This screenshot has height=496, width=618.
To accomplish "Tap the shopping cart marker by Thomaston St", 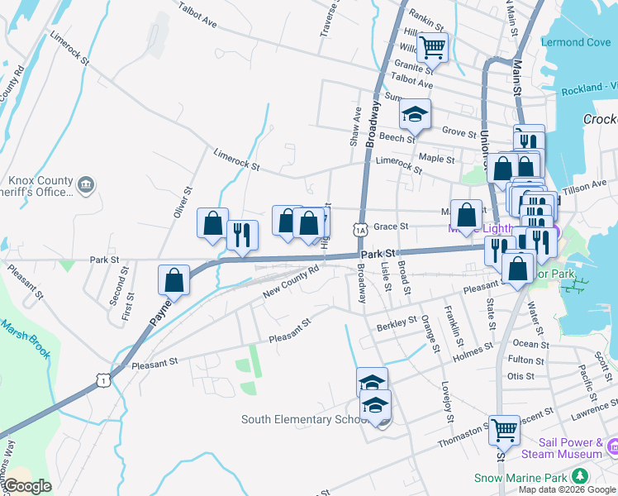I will (504, 430).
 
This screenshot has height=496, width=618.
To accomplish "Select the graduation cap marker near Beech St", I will (416, 114).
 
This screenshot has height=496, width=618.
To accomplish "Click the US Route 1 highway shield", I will (102, 379).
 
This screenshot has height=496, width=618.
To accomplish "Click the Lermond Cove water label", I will (576, 42).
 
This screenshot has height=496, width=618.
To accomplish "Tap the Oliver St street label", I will (182, 203).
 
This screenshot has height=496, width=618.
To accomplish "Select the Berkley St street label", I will (398, 322).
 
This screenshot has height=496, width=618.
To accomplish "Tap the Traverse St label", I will (330, 18).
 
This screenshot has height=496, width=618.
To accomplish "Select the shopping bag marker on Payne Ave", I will (174, 279).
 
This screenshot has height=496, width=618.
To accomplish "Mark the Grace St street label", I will (392, 226).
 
